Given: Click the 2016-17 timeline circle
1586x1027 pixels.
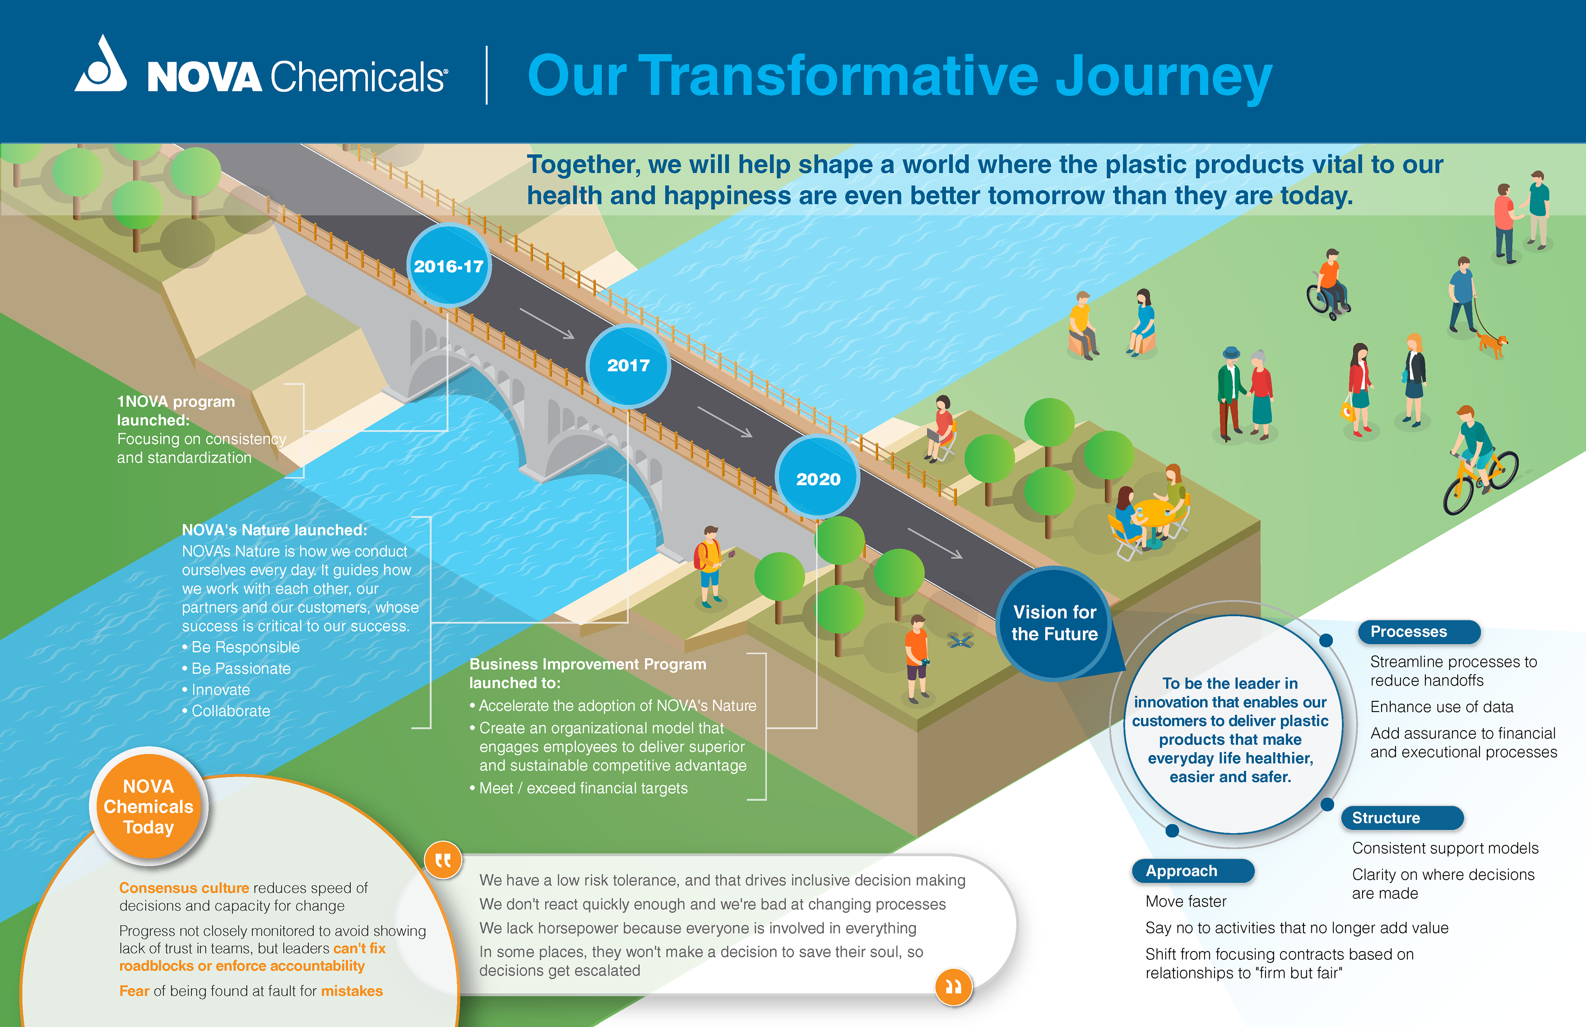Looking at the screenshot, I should [x=449, y=266].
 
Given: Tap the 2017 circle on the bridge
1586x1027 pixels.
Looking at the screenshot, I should [x=628, y=365].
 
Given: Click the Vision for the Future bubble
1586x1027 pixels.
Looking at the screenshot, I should [x=1054, y=623].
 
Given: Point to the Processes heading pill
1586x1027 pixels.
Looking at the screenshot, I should [x=1418, y=631].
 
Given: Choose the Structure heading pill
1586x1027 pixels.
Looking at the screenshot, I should [x=1401, y=817].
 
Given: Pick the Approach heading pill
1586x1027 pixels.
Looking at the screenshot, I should [x=1192, y=871].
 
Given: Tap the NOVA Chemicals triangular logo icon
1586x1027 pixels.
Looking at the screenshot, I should [x=101, y=66].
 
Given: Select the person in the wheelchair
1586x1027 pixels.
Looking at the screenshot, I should [x=1328, y=285].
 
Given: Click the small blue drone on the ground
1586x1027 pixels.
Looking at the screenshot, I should [x=960, y=641].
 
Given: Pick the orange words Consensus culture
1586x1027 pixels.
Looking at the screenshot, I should [x=184, y=888].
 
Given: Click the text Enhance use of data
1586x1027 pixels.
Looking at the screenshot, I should [x=1441, y=707].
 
